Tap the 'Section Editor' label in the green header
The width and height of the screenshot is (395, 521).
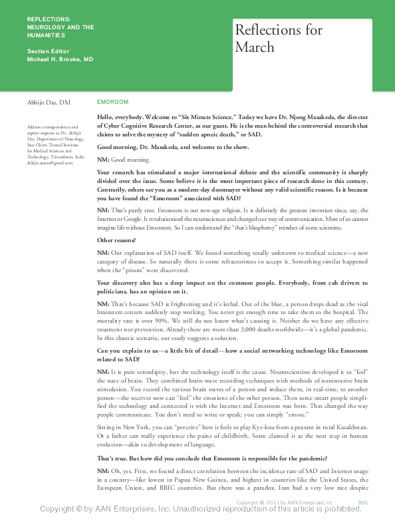pyautogui.click(x=48, y=51)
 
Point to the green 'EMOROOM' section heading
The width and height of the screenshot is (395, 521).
pyautogui.click(x=112, y=102)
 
